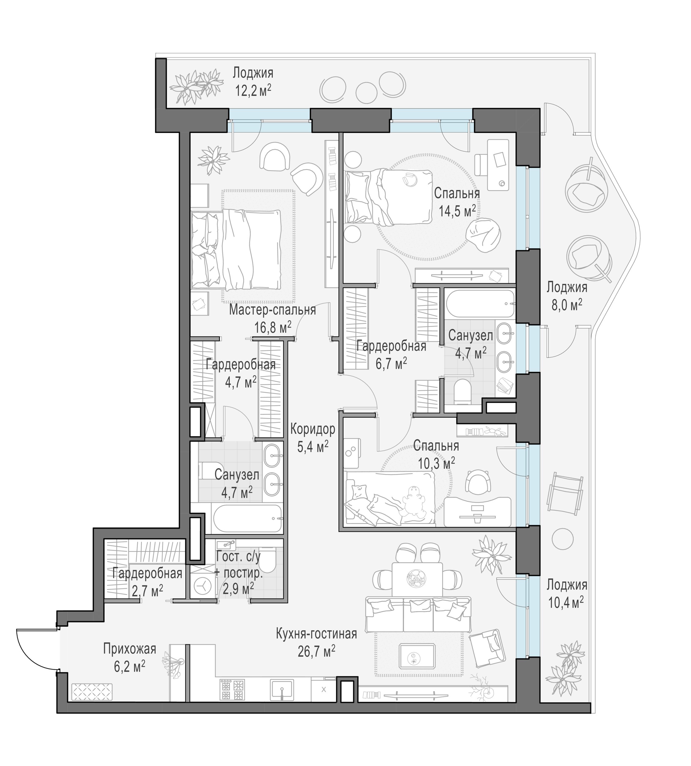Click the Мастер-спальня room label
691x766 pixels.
(272, 310)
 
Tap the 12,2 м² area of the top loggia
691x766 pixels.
(253, 90)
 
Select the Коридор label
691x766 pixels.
(313, 429)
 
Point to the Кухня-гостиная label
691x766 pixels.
(316, 634)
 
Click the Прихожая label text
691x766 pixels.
(130, 649)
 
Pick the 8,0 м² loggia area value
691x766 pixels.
(566, 305)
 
